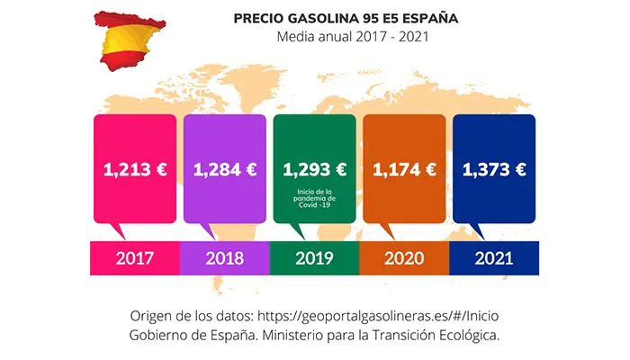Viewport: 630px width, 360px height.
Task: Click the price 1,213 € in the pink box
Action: pos(134,169)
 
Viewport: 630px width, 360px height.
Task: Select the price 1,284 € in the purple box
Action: pos(224,169)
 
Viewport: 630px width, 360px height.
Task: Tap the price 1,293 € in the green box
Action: pos(314,169)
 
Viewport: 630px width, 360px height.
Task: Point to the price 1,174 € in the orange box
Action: pos(404,169)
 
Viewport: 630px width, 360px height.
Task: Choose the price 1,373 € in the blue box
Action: pos(494,169)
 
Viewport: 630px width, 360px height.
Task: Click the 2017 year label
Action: pos(134,258)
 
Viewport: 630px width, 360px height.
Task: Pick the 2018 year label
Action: pos(224,258)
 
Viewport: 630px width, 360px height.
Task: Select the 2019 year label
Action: pos(314,258)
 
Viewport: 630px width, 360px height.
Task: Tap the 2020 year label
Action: pos(404,258)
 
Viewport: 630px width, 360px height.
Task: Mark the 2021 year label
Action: pos(494,258)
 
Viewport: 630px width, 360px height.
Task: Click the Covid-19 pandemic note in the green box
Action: pos(314,198)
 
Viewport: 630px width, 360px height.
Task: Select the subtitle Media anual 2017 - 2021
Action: pos(351,38)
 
